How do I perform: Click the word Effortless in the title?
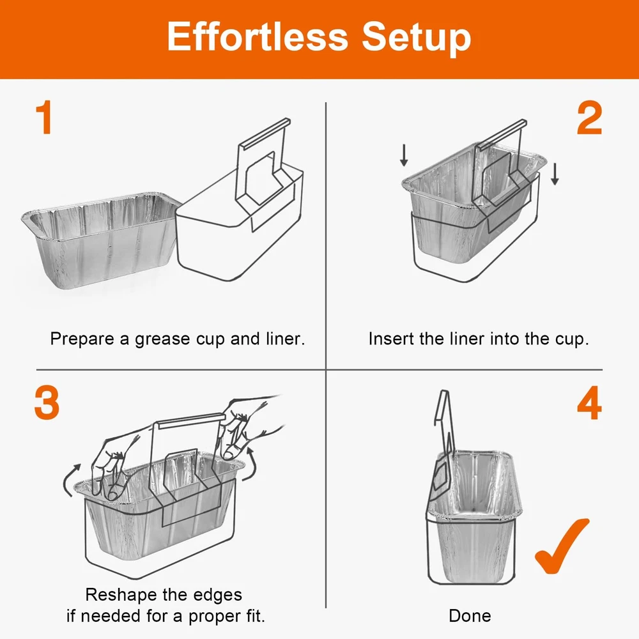[258, 36]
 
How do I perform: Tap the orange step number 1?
[44, 118]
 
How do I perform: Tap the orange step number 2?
[589, 118]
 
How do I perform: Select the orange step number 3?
[47, 402]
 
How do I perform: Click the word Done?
[470, 615]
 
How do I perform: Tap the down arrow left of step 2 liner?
[404, 155]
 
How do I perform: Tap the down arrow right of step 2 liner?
[555, 174]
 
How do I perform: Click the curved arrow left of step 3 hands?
[68, 479]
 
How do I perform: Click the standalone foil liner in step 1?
[101, 240]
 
